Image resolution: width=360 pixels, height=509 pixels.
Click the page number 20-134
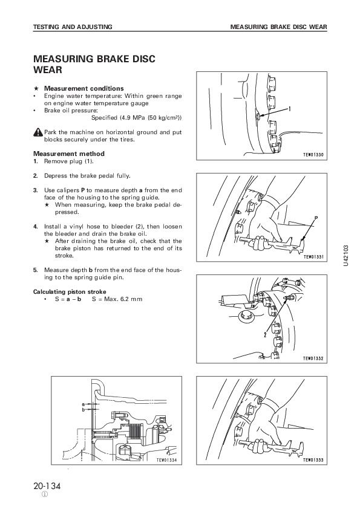[47, 486]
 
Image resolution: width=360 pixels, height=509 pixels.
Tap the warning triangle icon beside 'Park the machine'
[38, 132]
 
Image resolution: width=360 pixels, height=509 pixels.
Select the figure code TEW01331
[313, 257]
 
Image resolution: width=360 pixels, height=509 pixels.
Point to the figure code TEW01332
[313, 358]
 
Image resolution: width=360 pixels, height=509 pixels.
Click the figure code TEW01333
[313, 460]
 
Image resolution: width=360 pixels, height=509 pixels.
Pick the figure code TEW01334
[166, 460]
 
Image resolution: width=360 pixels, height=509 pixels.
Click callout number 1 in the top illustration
[289, 109]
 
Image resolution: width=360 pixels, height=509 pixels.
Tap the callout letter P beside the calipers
[316, 218]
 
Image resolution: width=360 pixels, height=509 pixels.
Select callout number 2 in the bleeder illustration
[265, 334]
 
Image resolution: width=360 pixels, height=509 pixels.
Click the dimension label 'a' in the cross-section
[83, 404]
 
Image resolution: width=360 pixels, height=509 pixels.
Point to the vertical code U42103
[345, 256]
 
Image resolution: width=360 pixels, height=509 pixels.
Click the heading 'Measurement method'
[69, 154]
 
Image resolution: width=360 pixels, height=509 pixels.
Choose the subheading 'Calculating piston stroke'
[70, 291]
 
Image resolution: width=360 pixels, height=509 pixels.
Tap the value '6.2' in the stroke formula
[125, 299]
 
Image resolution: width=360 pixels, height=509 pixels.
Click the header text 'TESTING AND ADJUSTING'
[73, 27]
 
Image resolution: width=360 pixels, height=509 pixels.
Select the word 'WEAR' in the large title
[48, 70]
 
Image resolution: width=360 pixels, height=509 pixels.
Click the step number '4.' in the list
[36, 227]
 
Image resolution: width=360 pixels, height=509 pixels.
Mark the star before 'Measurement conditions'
[37, 88]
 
